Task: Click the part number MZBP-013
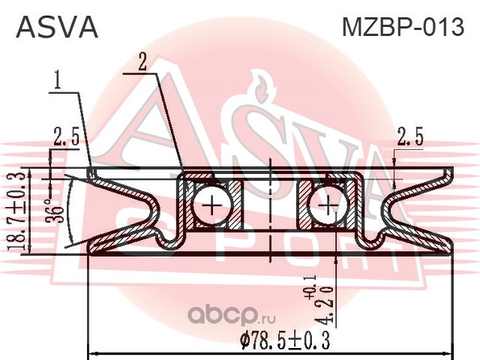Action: click(x=402, y=28)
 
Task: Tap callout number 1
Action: click(x=57, y=78)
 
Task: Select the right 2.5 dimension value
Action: click(x=409, y=136)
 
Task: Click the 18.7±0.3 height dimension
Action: click(x=22, y=211)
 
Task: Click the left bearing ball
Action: click(x=211, y=205)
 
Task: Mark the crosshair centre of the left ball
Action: click(x=211, y=205)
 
